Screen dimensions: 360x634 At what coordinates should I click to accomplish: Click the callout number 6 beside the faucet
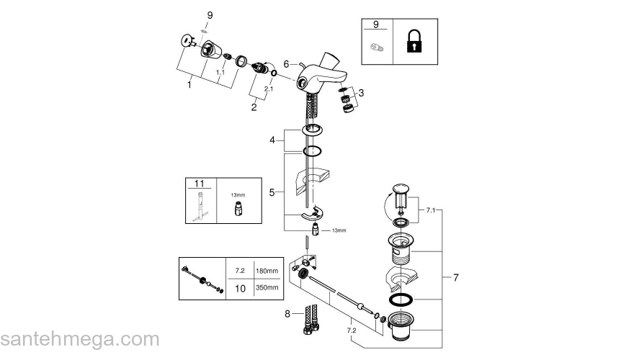[x=286, y=64]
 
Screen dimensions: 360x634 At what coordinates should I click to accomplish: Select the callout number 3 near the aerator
[x=361, y=92]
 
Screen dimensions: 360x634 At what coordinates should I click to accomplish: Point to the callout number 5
[x=272, y=192]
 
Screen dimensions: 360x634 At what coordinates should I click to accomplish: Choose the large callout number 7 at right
[x=455, y=276]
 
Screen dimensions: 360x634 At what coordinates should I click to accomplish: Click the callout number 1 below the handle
[x=189, y=84]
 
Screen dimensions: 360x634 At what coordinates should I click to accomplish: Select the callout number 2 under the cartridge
[x=254, y=107]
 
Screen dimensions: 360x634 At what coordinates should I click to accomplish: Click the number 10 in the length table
[x=241, y=288]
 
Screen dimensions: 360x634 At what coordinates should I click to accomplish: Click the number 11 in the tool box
[x=200, y=185]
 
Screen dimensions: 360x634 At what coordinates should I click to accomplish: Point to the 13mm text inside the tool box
[x=237, y=194]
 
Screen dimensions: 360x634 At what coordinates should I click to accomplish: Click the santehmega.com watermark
[x=79, y=339]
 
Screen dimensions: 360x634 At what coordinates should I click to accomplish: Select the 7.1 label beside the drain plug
[x=430, y=210]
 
